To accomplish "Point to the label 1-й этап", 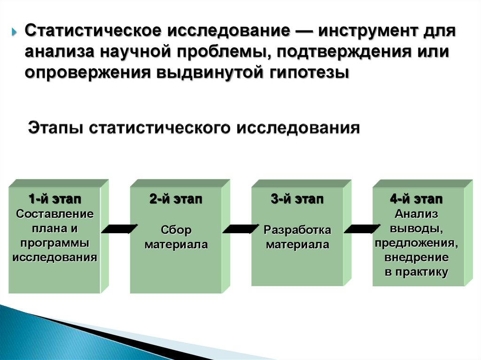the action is point(55,199).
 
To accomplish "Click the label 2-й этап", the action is point(176,199).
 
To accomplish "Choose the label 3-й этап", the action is point(297,199).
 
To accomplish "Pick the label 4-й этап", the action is point(416,199).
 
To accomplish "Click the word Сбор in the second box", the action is point(176,230).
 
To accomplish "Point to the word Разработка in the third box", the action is point(297,230).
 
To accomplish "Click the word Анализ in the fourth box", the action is point(416,214).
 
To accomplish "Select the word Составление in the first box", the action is point(55,214).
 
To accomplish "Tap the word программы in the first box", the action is point(55,243).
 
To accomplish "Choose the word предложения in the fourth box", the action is point(416,244).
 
